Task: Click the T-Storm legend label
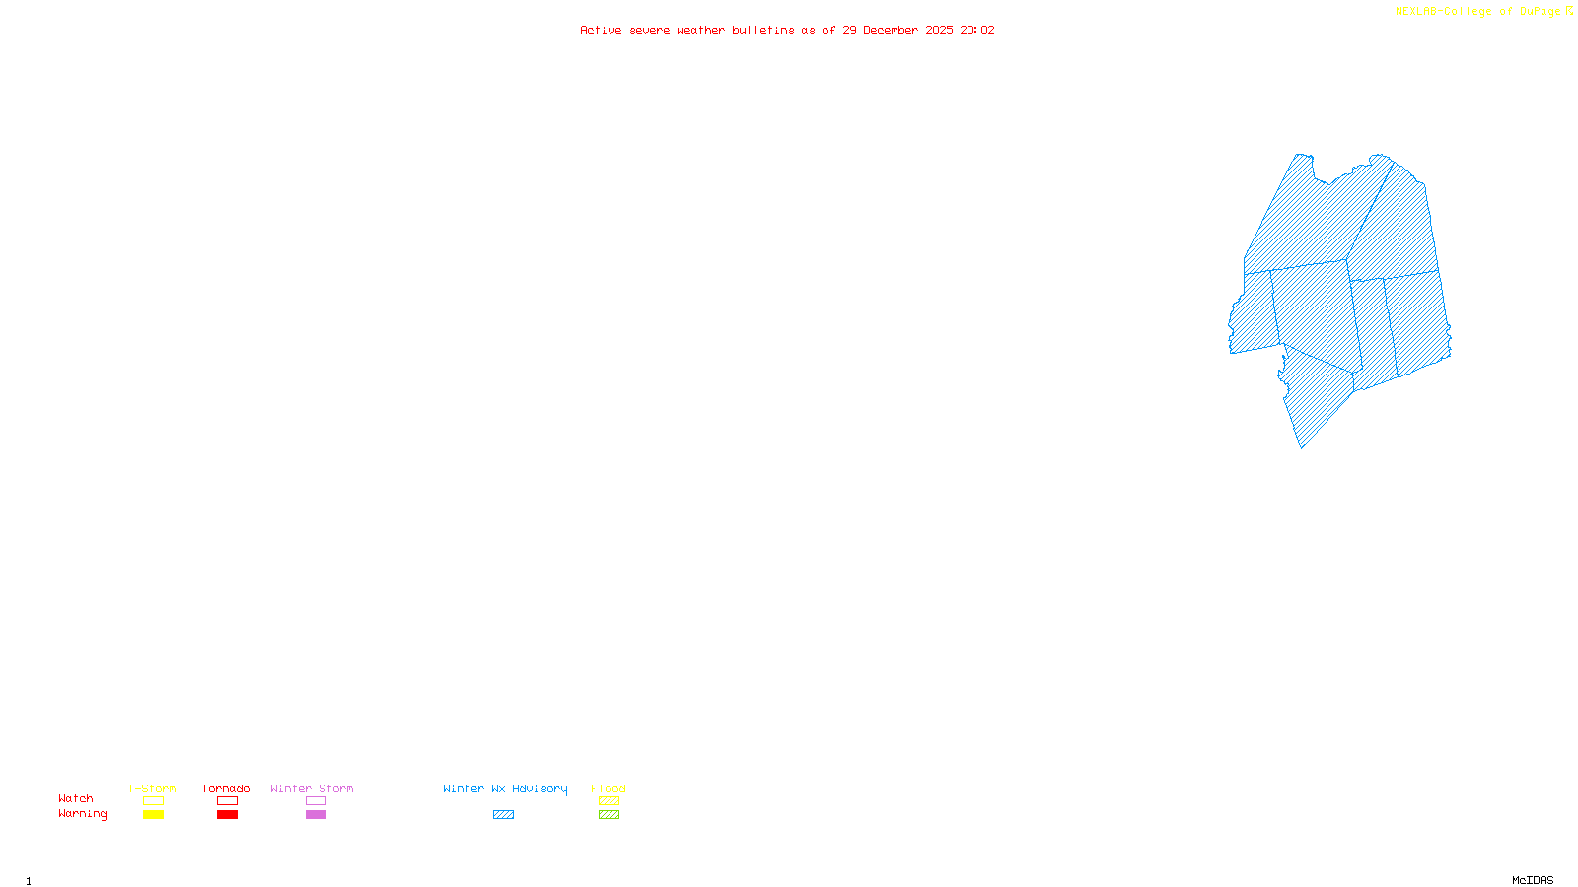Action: click(x=152, y=788)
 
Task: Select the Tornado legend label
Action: click(x=226, y=788)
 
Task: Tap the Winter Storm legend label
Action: click(x=312, y=788)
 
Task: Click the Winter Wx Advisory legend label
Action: click(x=505, y=788)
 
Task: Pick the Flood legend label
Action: click(x=609, y=788)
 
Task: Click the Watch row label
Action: click(x=76, y=798)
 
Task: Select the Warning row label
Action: click(x=83, y=814)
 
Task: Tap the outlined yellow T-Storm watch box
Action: click(x=153, y=801)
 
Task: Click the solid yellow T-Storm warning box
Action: click(x=153, y=815)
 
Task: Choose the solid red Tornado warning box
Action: click(x=227, y=815)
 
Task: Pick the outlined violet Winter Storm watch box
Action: click(x=316, y=801)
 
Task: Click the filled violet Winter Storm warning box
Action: click(x=316, y=815)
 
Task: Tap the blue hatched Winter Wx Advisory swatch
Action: click(x=503, y=815)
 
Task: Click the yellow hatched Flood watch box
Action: click(x=609, y=801)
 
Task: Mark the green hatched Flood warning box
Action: click(x=609, y=815)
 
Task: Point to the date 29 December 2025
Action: click(x=897, y=30)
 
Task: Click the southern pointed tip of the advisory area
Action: click(x=1303, y=447)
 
